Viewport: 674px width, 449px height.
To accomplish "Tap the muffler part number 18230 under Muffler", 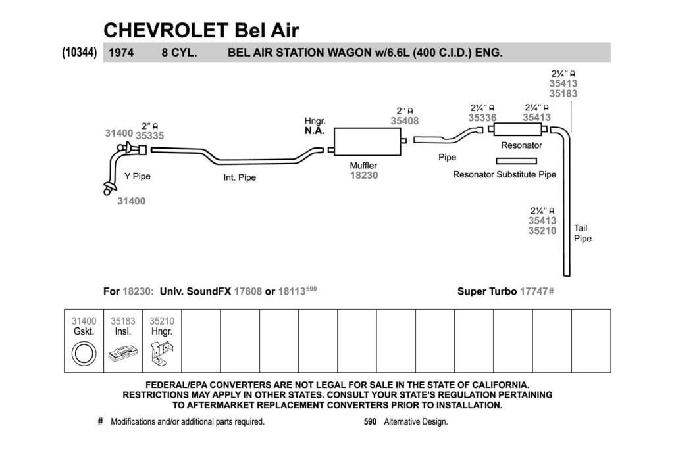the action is click(363, 176).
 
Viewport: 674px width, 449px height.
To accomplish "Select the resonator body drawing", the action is click(517, 129).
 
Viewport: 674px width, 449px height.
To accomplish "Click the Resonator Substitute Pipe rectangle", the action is click(516, 161).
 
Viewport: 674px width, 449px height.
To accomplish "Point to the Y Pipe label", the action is click(138, 176).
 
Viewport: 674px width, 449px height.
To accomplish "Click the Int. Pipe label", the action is click(240, 177).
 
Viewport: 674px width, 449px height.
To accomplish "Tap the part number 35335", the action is click(149, 135).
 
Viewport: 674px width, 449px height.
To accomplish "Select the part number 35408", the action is click(405, 121).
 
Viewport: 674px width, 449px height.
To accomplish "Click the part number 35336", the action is click(482, 118).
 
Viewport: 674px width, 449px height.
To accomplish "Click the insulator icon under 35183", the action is click(123, 353).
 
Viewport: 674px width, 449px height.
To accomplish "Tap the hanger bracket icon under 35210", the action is click(162, 353).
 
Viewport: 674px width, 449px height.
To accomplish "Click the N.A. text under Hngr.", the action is click(315, 131).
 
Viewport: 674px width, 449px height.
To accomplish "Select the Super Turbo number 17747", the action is click(534, 291).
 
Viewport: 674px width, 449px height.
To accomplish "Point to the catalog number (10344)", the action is click(80, 53).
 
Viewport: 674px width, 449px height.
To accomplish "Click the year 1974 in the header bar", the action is click(121, 53).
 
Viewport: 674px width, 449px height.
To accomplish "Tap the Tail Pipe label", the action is click(583, 233).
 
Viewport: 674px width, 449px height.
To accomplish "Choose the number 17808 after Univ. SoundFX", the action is click(247, 291).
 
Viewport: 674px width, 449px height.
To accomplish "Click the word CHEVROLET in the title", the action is click(166, 30).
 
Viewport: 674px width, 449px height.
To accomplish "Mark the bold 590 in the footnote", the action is click(370, 422).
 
